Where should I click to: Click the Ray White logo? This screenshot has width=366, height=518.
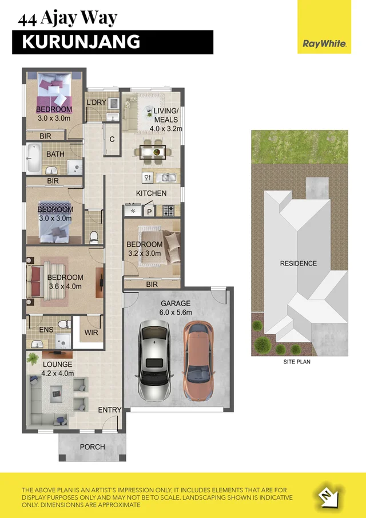(324, 43)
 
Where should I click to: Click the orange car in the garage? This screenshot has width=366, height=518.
(198, 361)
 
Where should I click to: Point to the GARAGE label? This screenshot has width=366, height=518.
(176, 303)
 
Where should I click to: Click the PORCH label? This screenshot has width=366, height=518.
(92, 446)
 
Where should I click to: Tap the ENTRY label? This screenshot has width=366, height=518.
(110, 410)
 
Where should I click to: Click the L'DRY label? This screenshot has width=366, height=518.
(97, 102)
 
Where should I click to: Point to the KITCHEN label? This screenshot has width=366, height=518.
(151, 193)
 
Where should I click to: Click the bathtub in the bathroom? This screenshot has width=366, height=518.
(33, 159)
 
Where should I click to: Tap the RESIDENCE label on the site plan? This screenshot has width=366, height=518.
(298, 263)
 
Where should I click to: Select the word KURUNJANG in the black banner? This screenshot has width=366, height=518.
(81, 42)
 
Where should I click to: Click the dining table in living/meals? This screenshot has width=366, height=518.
(152, 151)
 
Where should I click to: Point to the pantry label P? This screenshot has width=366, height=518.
(150, 212)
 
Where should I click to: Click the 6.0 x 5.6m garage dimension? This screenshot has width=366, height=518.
(176, 313)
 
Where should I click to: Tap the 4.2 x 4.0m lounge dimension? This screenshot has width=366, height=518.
(57, 374)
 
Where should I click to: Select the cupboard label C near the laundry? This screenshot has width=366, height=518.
(112, 139)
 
